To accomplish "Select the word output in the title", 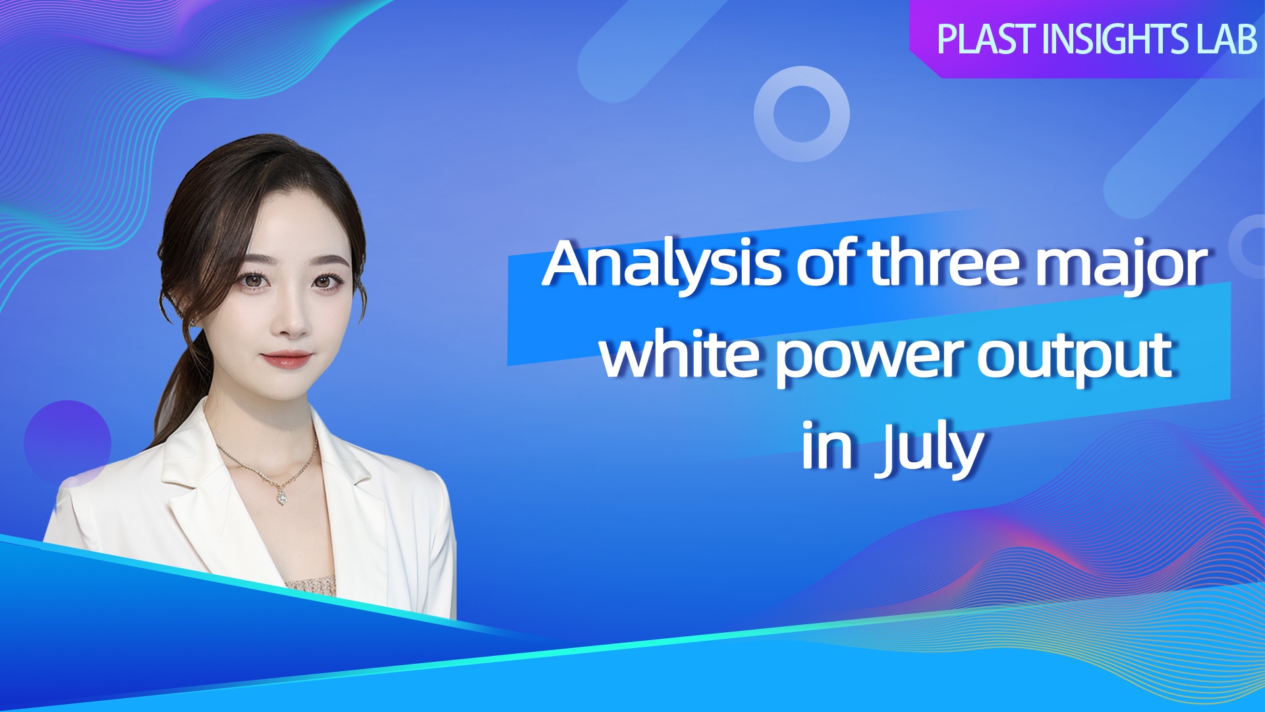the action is point(1075,359).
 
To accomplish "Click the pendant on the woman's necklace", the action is point(282,496).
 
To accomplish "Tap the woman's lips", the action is point(286,359).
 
